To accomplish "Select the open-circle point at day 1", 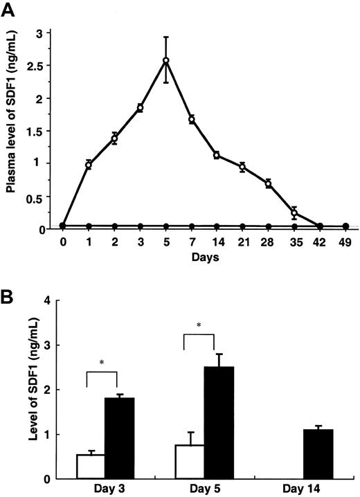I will coord(89,164).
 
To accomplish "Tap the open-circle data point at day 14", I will coord(217,155).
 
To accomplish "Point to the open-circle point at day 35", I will coord(294,213).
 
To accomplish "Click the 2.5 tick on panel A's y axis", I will coord(42,66).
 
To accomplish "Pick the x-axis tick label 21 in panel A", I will coord(242,243).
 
